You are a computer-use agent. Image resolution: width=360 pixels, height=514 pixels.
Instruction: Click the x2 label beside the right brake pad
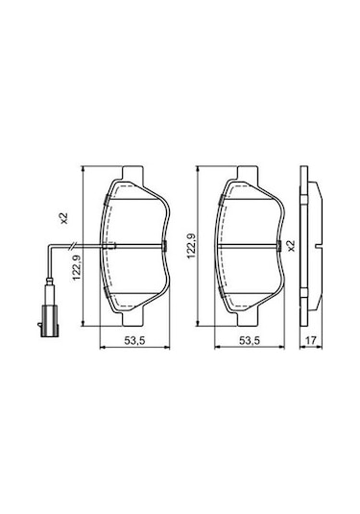291,246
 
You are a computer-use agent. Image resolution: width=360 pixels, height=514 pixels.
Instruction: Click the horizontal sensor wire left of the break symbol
56,248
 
